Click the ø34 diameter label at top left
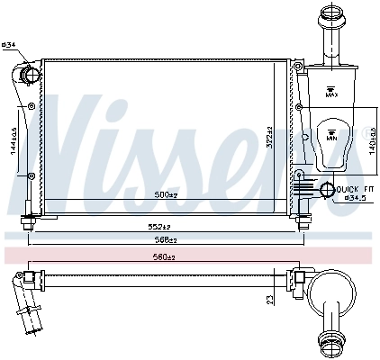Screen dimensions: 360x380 click(9, 44)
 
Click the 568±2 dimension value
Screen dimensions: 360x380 click(163, 239)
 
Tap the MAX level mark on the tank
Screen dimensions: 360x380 click(331, 92)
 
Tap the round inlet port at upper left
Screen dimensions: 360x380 click(30, 76)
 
